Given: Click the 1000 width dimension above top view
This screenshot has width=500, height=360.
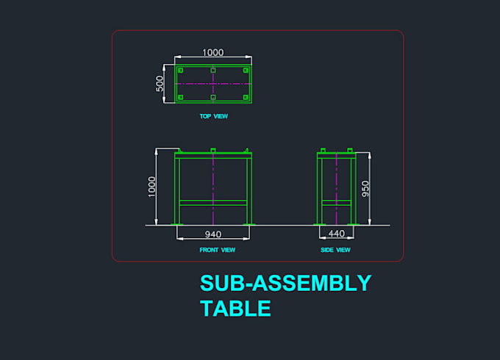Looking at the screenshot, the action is (x=213, y=53).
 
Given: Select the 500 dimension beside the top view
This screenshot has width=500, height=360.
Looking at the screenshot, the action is (x=160, y=84).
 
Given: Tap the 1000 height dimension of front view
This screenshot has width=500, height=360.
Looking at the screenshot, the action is (x=151, y=187).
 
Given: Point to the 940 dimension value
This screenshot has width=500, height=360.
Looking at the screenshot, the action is (x=213, y=234).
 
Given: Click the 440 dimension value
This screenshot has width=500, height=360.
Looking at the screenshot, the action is (x=337, y=234).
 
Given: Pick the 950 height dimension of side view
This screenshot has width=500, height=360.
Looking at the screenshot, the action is (x=365, y=189).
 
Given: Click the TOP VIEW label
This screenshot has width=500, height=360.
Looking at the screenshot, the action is (x=214, y=116).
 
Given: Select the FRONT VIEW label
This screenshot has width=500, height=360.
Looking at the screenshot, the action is (x=218, y=250).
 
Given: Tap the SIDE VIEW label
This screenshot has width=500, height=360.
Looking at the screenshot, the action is (x=335, y=250).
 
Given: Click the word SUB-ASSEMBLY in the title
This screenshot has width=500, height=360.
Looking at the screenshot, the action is (x=286, y=283).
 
